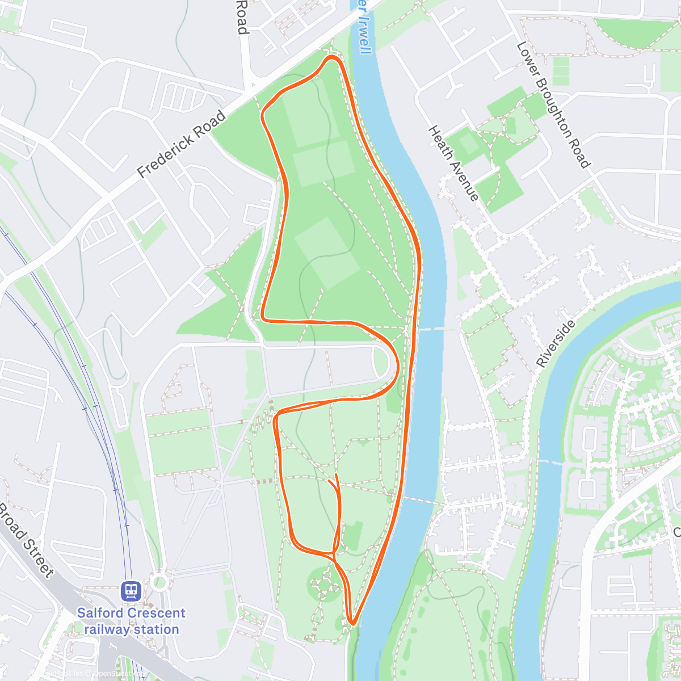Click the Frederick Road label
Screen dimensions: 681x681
[182, 145]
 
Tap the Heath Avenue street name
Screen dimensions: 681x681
[453, 163]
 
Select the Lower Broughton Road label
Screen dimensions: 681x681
[553, 105]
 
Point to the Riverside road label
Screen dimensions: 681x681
[556, 344]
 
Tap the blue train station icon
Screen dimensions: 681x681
[131, 591]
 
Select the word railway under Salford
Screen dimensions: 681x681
[108, 629]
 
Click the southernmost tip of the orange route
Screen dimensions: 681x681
[352, 624]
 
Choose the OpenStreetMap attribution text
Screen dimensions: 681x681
[119, 674]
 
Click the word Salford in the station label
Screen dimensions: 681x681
[101, 613]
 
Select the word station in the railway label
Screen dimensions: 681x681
[157, 629]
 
